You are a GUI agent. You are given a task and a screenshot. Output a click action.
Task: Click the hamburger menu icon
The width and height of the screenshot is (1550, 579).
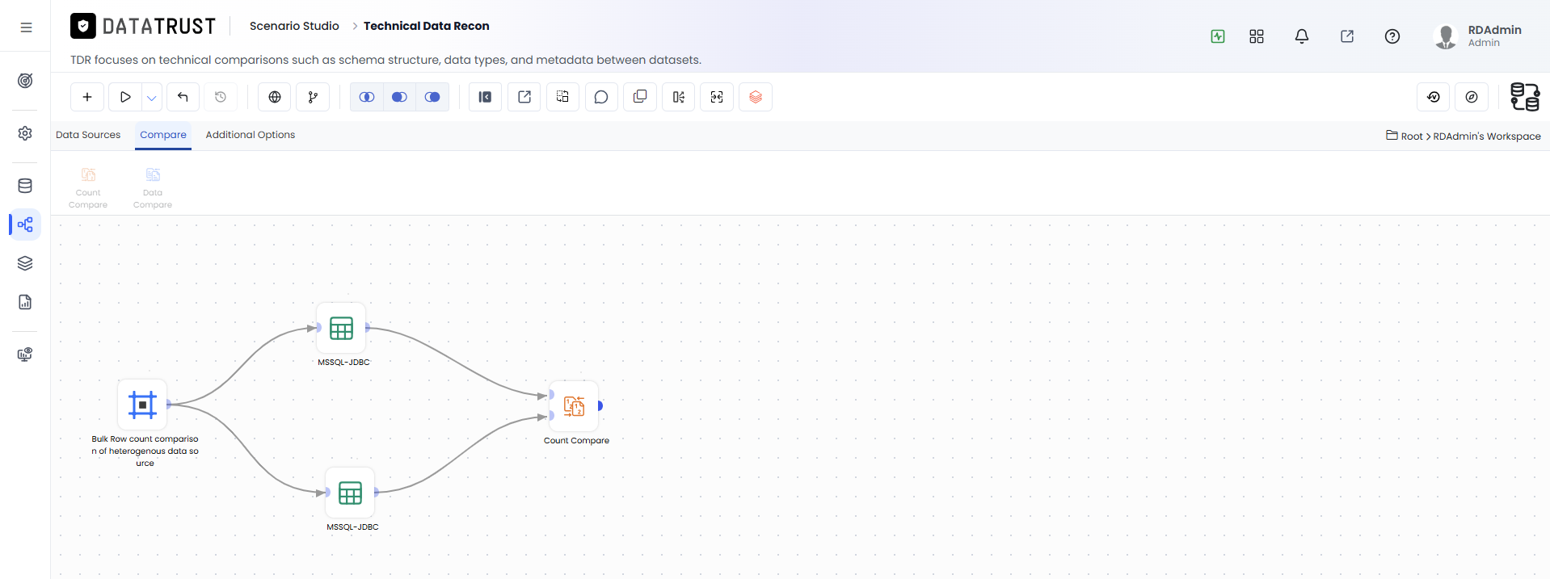(26, 27)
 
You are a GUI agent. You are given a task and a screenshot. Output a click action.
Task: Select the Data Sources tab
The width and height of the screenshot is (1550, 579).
(88, 135)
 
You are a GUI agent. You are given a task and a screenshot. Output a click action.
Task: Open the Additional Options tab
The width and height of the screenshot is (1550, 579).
(251, 135)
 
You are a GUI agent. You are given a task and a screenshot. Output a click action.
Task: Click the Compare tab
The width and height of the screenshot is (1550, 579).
(163, 135)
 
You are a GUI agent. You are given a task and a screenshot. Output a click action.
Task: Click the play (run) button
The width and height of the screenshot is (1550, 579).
(125, 97)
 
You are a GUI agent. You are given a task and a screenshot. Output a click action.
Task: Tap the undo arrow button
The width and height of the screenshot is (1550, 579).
(183, 97)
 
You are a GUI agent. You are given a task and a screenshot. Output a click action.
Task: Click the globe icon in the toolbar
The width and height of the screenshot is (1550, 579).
(275, 97)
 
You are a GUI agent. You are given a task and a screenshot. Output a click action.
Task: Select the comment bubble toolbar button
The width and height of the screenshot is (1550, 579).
(601, 97)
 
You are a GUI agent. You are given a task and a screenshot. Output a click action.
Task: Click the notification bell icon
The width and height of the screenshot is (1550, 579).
(1302, 36)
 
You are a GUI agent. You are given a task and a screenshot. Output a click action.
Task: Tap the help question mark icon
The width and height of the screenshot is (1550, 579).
(1392, 36)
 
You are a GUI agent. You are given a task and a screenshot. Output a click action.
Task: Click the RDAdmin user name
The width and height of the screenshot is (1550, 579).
(1494, 30)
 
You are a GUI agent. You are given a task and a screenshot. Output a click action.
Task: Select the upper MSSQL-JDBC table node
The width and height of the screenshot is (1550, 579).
(342, 328)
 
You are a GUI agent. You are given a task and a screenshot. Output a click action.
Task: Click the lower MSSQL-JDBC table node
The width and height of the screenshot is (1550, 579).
(351, 493)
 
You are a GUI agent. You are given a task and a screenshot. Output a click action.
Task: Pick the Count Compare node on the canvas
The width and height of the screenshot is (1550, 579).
(575, 406)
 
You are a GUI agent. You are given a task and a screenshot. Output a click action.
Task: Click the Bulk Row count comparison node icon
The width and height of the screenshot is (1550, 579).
(143, 405)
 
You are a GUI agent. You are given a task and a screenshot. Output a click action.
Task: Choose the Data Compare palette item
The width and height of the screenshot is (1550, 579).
(153, 187)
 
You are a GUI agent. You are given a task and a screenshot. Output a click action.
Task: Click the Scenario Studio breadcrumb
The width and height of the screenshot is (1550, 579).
(294, 26)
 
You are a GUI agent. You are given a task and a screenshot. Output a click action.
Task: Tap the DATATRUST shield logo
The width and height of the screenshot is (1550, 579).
(83, 27)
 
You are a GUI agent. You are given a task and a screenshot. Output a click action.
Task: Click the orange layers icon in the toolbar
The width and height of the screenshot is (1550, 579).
(756, 97)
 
